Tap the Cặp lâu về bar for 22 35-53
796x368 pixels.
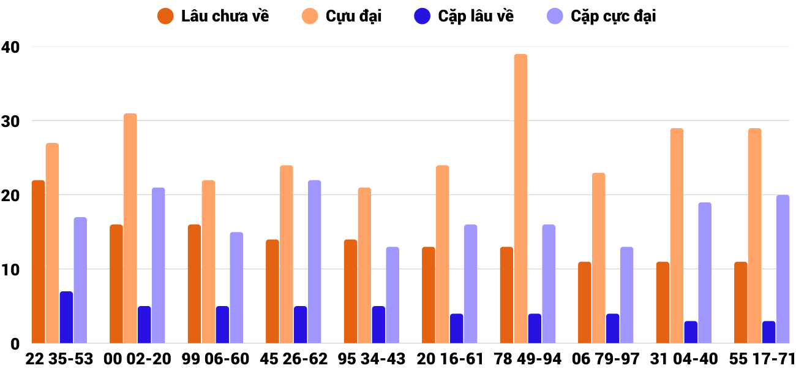(66, 318)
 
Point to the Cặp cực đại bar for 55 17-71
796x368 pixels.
(783, 269)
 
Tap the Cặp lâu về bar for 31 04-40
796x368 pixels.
(691, 332)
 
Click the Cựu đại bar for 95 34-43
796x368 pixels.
(364, 266)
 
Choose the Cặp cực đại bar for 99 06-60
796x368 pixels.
(236, 288)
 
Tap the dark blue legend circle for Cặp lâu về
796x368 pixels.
(422, 17)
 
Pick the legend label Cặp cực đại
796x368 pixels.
(613, 17)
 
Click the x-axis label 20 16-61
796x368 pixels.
(450, 359)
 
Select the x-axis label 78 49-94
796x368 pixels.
(528, 359)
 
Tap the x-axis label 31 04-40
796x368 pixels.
(684, 359)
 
